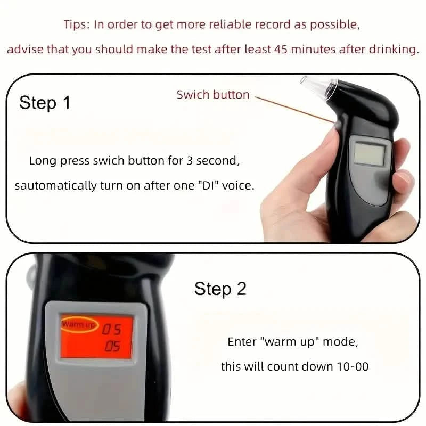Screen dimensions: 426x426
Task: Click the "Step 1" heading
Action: point(45,102)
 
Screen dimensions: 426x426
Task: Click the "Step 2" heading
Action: point(220,289)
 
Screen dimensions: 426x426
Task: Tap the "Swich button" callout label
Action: point(213,95)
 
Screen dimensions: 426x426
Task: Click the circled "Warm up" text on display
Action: point(79,324)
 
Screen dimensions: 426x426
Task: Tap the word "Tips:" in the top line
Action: point(77,24)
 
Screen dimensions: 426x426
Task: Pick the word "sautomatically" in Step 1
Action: point(50,186)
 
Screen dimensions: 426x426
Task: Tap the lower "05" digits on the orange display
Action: point(112,346)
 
